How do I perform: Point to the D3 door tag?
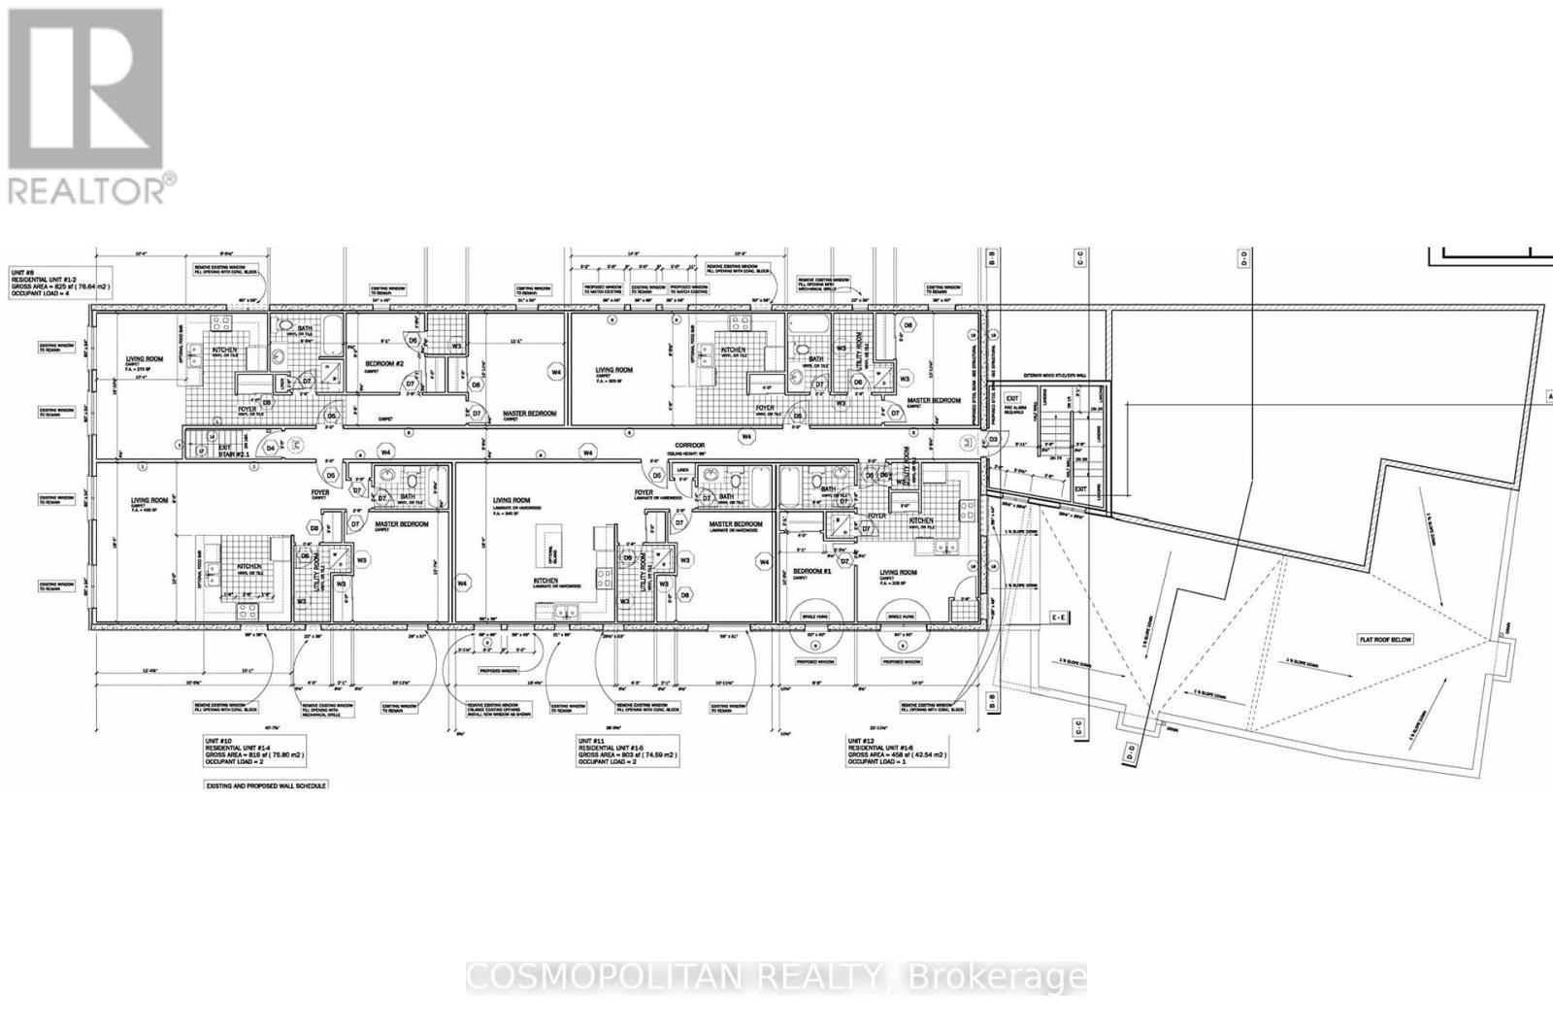point(993,440)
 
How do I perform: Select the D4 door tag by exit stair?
point(272,449)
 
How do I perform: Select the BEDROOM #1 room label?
point(809,570)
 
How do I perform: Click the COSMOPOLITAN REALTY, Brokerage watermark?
point(776,977)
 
